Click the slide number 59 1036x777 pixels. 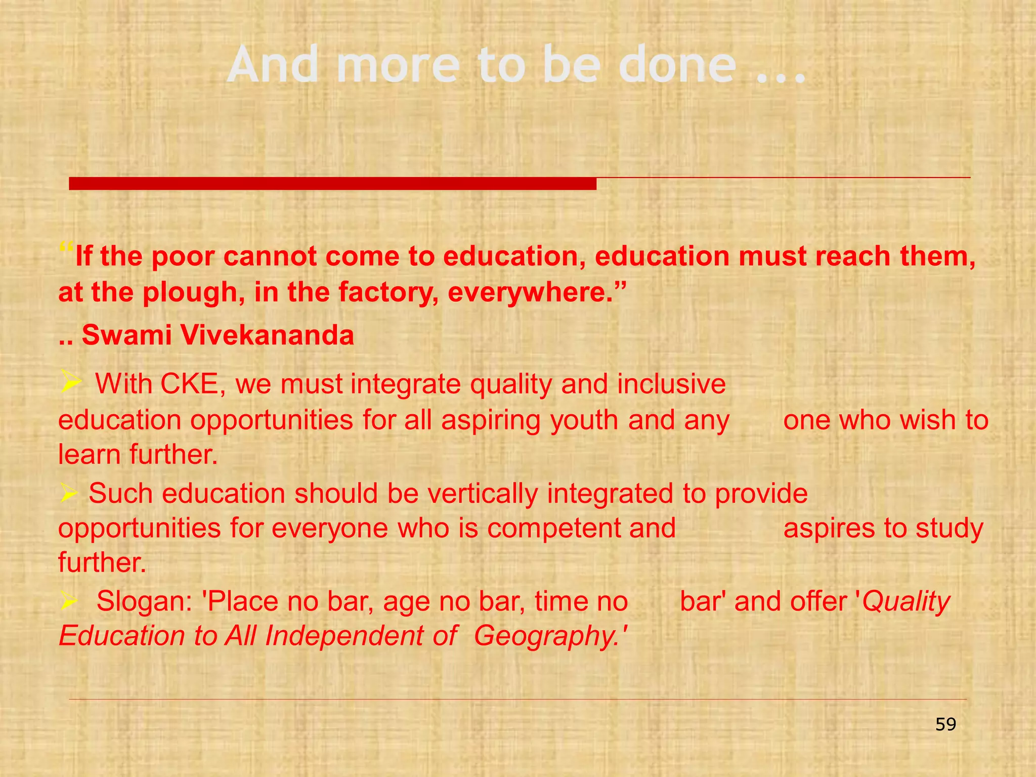(945, 724)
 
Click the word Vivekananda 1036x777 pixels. (268, 335)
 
